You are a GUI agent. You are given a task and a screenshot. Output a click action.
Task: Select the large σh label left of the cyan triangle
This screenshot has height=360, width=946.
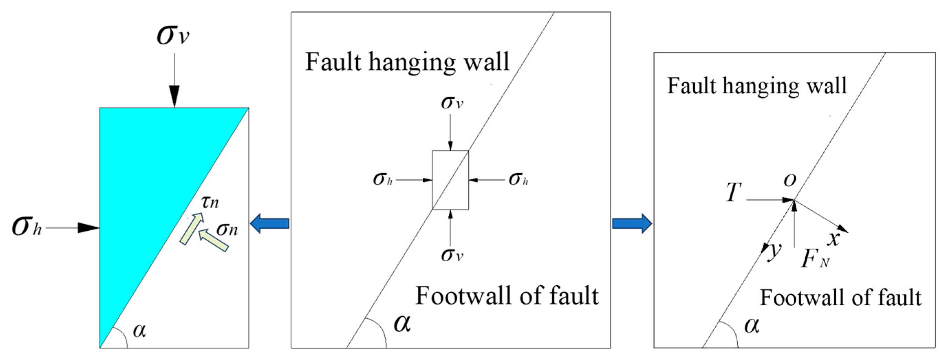(x=26, y=227)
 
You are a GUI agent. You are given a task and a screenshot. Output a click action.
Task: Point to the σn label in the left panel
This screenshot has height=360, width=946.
(x=227, y=229)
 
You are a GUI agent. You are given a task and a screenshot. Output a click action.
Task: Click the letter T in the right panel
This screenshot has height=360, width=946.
(x=733, y=193)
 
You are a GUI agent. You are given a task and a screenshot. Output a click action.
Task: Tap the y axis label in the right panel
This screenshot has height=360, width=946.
(x=774, y=252)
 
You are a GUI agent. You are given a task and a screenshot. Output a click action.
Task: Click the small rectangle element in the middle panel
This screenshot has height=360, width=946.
(x=450, y=180)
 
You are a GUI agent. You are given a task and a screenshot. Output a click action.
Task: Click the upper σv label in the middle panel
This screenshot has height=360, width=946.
(x=452, y=103)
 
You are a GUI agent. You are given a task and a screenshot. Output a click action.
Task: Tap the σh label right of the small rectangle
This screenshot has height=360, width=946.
(x=518, y=179)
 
